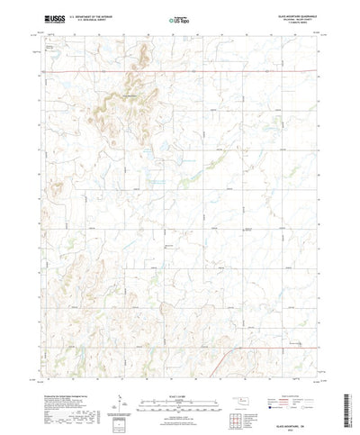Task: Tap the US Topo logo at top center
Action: click(179, 17)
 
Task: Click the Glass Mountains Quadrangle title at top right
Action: click(292, 14)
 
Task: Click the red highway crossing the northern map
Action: click(180, 71)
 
